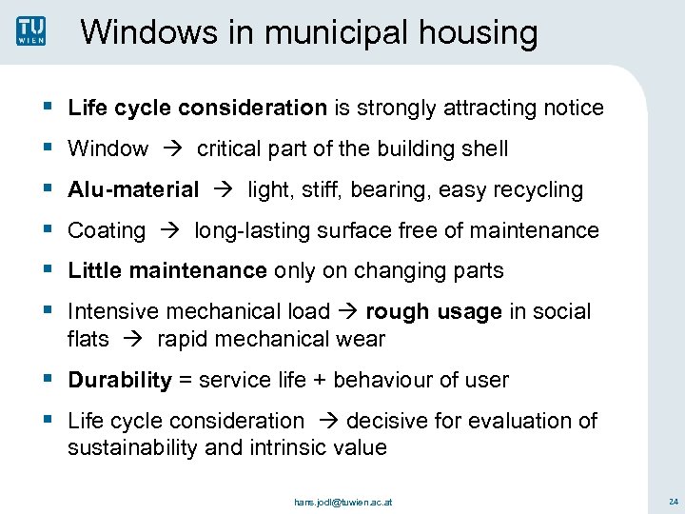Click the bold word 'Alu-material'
(133, 190)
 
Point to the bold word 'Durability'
(120, 381)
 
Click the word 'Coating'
(107, 231)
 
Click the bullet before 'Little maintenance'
(49, 270)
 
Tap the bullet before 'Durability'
(49, 380)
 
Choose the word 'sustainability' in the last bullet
(129, 447)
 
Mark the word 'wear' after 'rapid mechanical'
(363, 339)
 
